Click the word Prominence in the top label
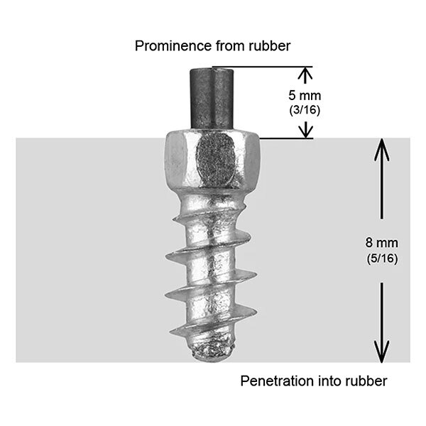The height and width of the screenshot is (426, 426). pyautogui.click(x=166, y=46)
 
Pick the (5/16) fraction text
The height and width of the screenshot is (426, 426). pyautogui.click(x=383, y=259)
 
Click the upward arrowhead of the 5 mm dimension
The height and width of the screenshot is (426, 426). pyautogui.click(x=305, y=73)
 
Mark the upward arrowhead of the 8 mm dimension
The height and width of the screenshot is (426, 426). pyautogui.click(x=382, y=146)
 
